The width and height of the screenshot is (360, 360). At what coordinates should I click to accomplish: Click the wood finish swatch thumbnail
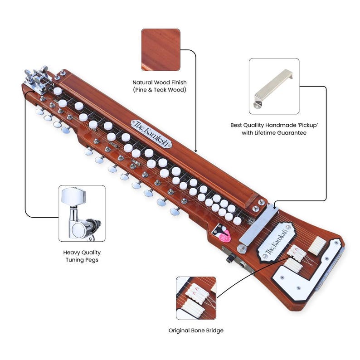(x=161, y=50)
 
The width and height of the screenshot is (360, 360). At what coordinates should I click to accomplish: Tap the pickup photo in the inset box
(x=274, y=86)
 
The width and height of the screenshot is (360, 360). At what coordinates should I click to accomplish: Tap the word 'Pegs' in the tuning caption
(x=90, y=260)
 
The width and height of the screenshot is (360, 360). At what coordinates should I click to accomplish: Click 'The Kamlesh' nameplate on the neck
(x=151, y=133)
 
